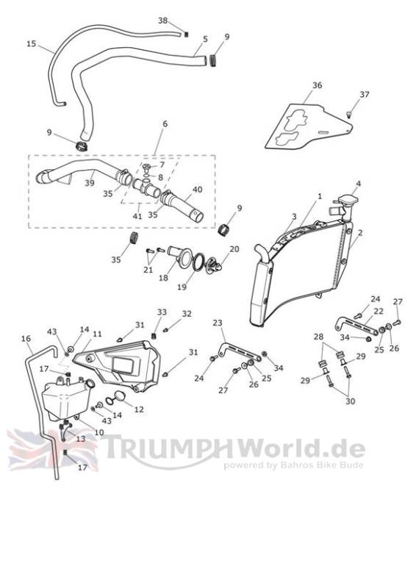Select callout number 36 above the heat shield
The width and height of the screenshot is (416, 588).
(x=317, y=85)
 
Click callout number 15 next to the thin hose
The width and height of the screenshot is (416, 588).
(x=31, y=44)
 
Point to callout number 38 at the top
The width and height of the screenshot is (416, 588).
(x=162, y=21)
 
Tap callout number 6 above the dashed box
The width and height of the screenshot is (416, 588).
(x=165, y=123)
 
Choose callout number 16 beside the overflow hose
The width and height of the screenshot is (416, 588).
(x=26, y=339)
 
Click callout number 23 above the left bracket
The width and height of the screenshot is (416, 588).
(x=218, y=323)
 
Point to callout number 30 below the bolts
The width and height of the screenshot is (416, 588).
(x=350, y=401)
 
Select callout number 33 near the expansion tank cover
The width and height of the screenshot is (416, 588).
(x=162, y=312)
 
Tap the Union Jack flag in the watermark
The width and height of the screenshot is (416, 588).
(x=52, y=450)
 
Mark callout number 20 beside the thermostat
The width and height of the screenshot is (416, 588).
(x=234, y=249)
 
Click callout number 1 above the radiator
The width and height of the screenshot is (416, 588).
(x=320, y=196)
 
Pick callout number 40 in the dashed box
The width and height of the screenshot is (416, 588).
(x=197, y=190)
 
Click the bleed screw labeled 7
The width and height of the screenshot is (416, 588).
(x=147, y=167)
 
